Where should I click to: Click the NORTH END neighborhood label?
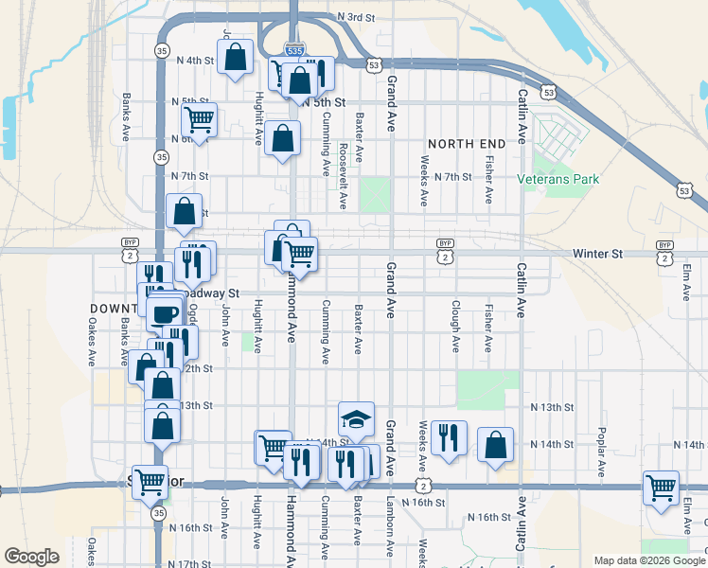[x=466, y=143]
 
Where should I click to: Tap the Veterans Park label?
[x=559, y=178]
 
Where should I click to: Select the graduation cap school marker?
[x=356, y=417]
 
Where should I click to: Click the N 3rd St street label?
[x=356, y=17]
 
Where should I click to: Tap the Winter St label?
[x=597, y=254]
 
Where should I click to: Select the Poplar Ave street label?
[x=602, y=456]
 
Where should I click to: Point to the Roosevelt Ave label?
[x=342, y=175]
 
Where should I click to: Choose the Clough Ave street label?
[x=455, y=328]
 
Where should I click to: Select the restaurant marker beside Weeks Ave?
[x=449, y=436]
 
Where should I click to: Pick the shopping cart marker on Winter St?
[x=299, y=253]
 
